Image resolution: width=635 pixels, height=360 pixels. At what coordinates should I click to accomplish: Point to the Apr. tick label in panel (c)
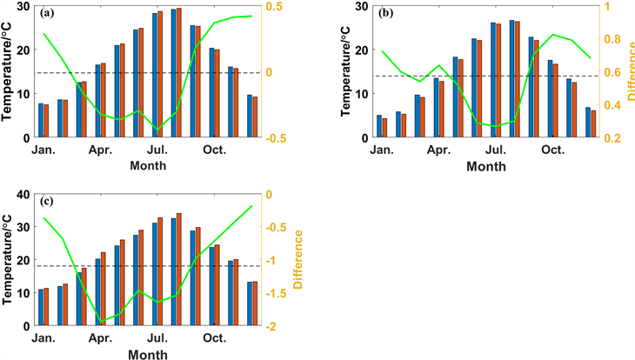pyautogui.click(x=100, y=338)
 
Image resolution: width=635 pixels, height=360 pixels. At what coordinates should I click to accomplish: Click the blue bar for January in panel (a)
pyautogui.click(x=40, y=120)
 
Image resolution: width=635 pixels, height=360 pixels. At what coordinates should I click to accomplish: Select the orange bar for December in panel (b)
pyautogui.click(x=593, y=123)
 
